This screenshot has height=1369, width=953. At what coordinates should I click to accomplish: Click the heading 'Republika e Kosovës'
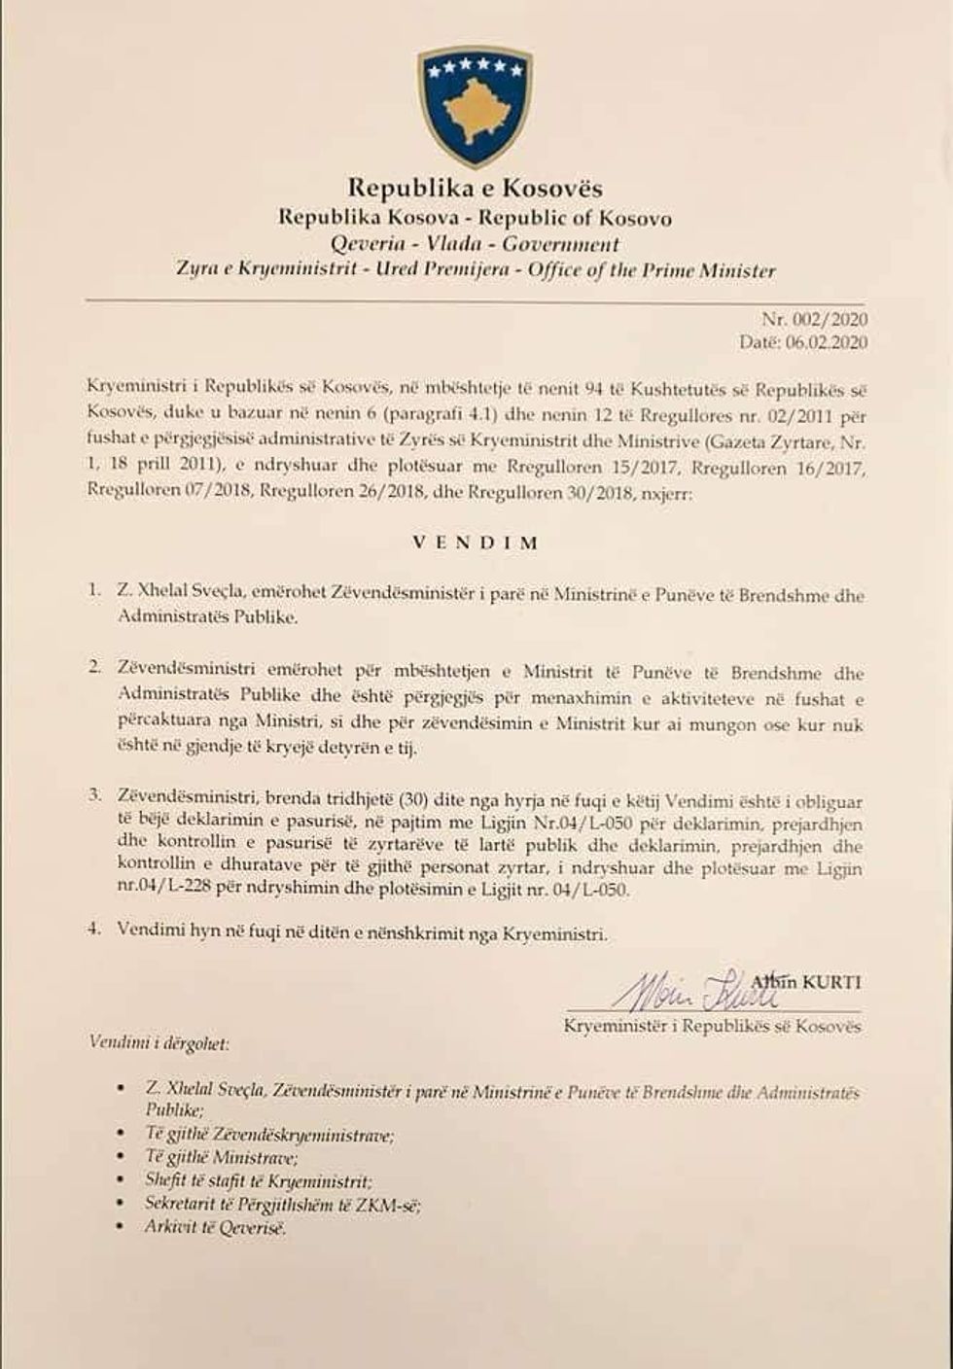(x=476, y=188)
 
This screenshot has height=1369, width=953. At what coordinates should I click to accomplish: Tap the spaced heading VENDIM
(x=476, y=543)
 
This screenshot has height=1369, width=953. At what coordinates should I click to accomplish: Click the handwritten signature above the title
(x=690, y=990)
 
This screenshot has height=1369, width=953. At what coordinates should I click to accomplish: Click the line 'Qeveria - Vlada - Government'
(x=476, y=244)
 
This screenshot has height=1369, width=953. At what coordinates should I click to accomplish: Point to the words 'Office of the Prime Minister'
(x=652, y=270)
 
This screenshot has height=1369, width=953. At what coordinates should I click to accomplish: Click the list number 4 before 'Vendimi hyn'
(x=94, y=928)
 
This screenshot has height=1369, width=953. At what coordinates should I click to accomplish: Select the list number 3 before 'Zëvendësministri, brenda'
(x=94, y=794)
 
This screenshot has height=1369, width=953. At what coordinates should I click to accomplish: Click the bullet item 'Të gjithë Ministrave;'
(x=222, y=1157)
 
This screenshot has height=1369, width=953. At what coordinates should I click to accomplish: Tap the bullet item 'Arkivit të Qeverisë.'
(x=216, y=1227)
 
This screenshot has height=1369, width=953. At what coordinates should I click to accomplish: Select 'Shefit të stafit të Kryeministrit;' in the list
(x=258, y=1181)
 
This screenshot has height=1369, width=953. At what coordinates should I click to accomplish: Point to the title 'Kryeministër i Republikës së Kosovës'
(x=712, y=1026)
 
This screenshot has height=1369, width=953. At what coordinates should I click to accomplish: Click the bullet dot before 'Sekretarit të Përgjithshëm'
(x=120, y=1204)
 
